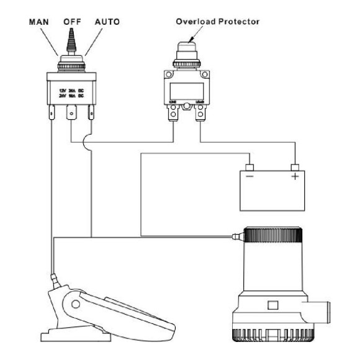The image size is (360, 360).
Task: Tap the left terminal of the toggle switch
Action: click(51, 113)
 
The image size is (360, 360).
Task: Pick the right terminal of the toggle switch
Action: click(93, 113)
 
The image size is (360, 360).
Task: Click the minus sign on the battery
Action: click(250, 178)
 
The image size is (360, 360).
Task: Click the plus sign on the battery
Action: click(295, 178)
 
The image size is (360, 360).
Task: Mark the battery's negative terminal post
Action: click(250, 167)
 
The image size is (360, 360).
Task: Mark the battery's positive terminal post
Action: click(295, 167)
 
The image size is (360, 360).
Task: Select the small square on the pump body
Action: click(271, 305)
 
